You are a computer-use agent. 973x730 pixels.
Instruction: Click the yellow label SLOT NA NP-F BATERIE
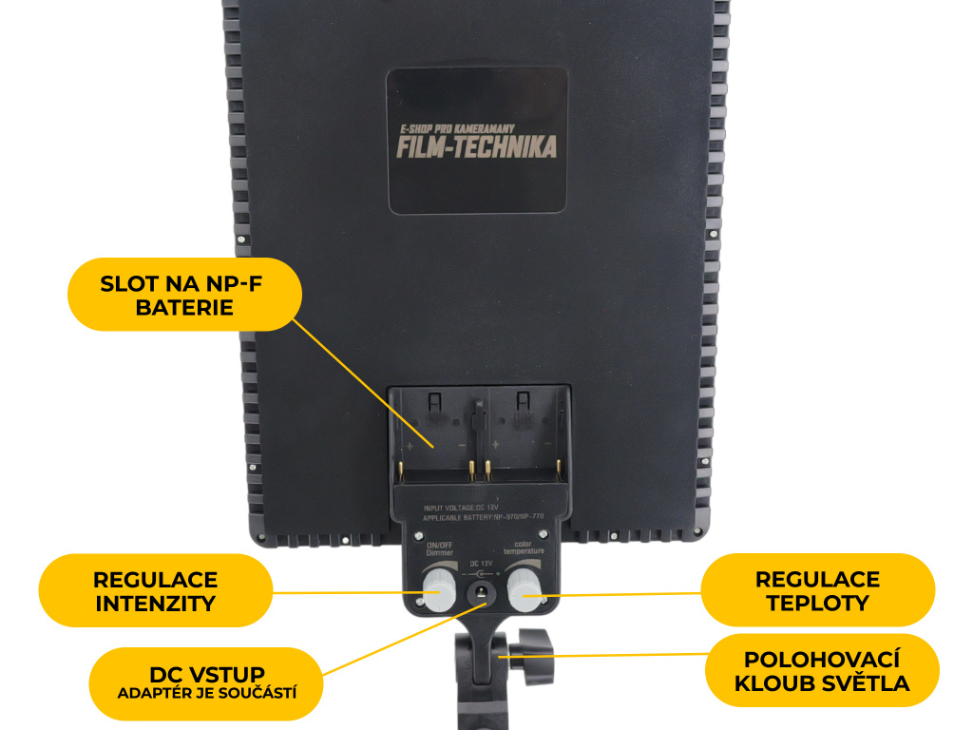(184, 295)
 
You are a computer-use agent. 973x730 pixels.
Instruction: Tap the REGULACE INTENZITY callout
(155, 590)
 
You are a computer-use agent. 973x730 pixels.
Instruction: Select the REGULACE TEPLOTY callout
(817, 589)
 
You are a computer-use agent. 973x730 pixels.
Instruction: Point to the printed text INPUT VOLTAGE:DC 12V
(461, 509)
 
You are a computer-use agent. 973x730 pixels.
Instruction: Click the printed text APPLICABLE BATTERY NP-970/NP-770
(483, 520)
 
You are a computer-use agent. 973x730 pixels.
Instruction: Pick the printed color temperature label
(524, 549)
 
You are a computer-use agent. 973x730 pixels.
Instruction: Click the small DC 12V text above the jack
(482, 565)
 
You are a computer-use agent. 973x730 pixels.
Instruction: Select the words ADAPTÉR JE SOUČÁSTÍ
(206, 693)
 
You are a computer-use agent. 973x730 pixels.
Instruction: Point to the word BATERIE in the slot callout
(184, 307)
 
